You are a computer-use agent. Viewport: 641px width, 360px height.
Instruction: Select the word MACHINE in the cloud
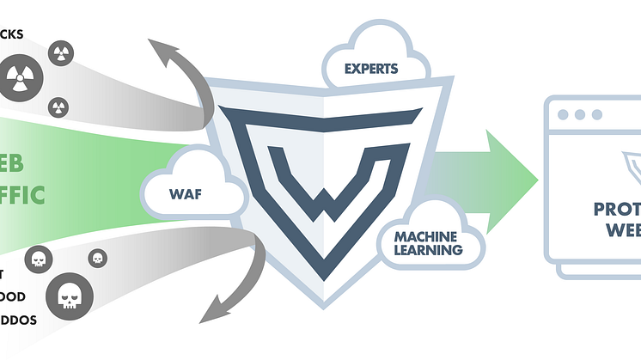pyautogui.click(x=425, y=235)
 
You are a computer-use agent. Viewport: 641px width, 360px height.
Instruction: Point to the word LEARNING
pyautogui.click(x=429, y=250)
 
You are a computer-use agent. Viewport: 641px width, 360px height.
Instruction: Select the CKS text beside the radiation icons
pyautogui.click(x=12, y=34)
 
